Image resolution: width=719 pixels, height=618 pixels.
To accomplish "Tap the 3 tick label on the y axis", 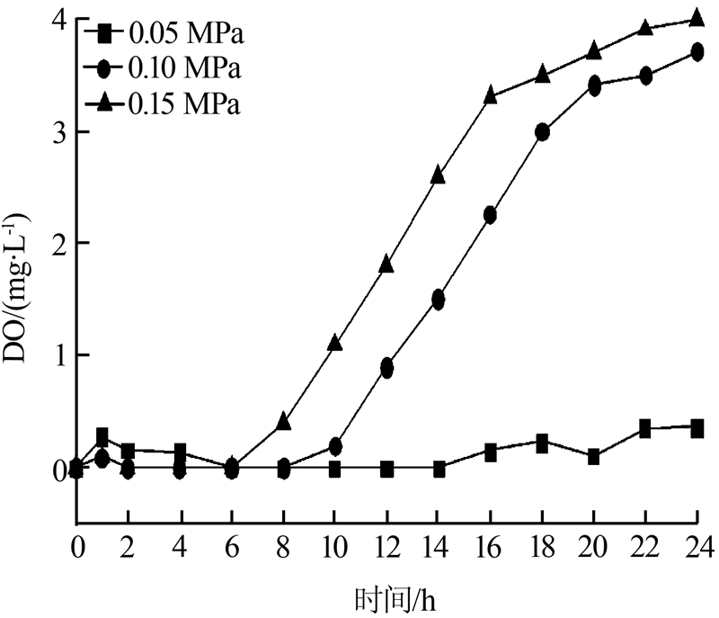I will click(57, 132).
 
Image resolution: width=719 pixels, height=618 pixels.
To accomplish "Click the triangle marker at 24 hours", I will click(697, 19).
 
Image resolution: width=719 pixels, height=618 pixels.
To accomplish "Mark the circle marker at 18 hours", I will click(542, 132).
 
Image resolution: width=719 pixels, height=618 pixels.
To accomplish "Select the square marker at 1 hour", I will click(102, 437).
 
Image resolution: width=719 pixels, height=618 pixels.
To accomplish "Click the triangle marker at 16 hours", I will click(491, 94).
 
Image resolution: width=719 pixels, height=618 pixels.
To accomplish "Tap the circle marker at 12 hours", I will click(387, 368).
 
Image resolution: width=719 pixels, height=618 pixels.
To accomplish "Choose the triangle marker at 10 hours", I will click(335, 343).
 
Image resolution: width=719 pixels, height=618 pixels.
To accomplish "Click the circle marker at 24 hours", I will click(697, 52).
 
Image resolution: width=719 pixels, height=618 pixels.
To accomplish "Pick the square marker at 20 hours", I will click(593, 456).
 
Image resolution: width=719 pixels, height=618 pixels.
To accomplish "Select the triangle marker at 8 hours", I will click(284, 421).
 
